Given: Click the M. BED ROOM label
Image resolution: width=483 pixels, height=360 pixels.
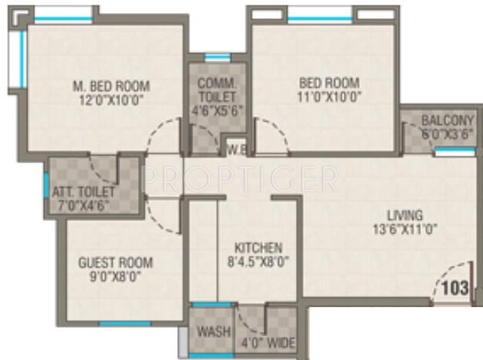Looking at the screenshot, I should click(105, 85).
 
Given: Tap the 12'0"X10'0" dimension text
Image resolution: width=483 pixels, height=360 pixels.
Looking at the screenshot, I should click(105, 99).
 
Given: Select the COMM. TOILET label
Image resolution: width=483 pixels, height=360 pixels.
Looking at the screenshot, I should click(218, 90).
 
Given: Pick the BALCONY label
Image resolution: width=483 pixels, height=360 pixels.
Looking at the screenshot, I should click(442, 120).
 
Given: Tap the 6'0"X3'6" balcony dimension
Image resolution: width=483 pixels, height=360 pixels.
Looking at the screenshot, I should click(442, 133).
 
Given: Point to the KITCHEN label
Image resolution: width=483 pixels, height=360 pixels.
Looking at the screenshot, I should click(258, 248).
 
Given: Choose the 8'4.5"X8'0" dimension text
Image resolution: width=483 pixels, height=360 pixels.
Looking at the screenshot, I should click(258, 262).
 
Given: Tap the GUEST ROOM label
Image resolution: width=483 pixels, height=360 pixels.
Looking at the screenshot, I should click(115, 262).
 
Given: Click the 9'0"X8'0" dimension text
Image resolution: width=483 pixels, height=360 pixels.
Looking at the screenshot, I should click(115, 276).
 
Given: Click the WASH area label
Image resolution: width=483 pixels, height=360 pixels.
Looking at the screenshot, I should click(213, 332).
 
